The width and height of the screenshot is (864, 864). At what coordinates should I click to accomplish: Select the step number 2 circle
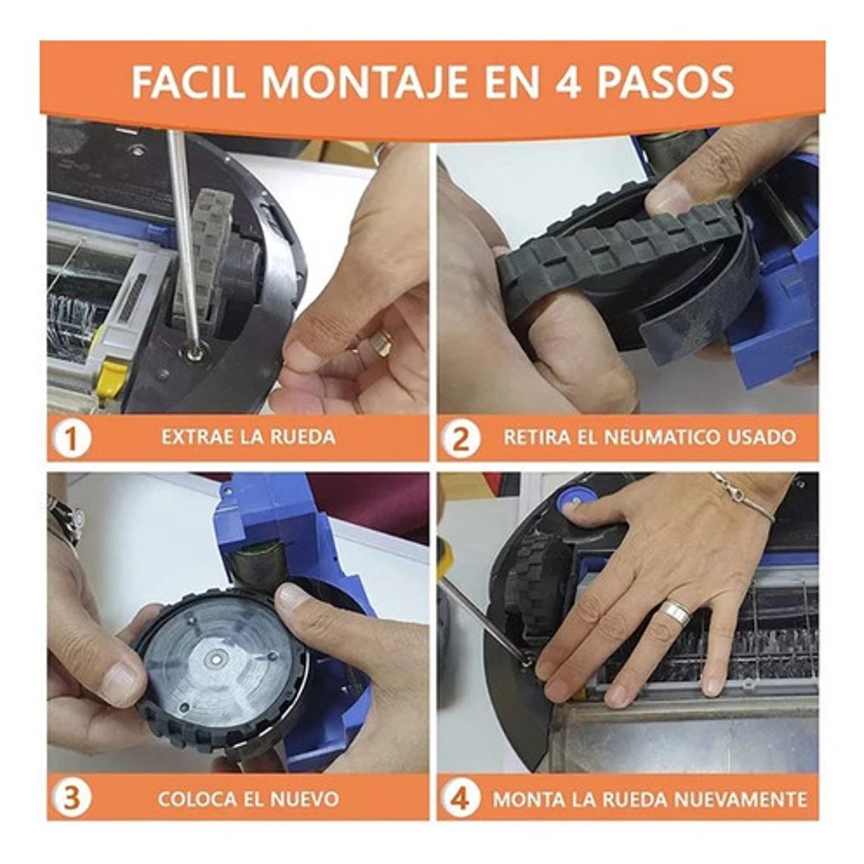(x=461, y=438)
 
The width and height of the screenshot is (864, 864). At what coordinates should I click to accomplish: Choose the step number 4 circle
(x=461, y=798)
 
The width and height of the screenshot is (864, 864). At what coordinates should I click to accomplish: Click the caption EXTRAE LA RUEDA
(x=248, y=437)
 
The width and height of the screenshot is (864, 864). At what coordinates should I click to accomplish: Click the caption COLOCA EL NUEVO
(x=248, y=798)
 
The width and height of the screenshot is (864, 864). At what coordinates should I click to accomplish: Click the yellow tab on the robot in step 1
(x=112, y=378)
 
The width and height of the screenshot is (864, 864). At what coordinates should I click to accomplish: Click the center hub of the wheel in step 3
(x=218, y=659)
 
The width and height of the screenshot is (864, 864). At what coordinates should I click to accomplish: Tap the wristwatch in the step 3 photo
(x=65, y=520)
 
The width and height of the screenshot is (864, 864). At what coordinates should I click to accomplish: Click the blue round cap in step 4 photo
(x=575, y=499)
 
